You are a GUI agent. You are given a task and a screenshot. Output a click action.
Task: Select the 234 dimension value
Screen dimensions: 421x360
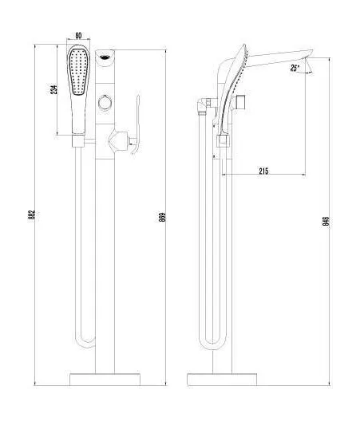(x=53, y=89)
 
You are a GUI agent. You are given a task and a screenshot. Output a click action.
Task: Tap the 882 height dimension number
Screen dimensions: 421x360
(x=30, y=214)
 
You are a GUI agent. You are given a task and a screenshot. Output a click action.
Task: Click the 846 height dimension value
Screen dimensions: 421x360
(x=326, y=221)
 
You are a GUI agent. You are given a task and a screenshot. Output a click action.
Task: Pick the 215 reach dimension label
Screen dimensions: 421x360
(x=263, y=169)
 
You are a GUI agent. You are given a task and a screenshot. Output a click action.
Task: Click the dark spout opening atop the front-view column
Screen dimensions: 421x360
(x=104, y=56)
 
